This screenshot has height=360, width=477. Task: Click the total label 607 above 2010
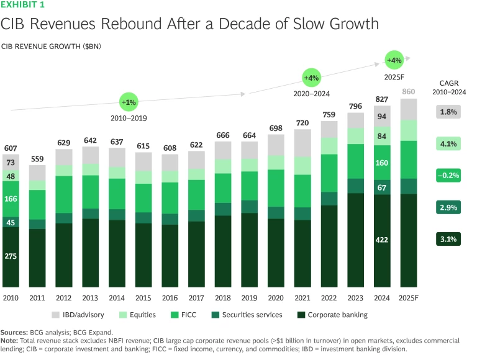11,148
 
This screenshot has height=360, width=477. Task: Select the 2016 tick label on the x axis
170,298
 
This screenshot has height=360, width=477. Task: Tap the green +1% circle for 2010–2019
129,101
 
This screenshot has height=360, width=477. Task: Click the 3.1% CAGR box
448,238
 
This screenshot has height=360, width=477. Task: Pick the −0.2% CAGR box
448,176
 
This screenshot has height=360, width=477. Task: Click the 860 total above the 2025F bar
408,92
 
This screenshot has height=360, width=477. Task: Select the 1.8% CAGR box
448,112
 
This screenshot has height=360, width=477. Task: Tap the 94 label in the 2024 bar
381,116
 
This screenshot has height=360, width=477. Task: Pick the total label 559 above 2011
37,158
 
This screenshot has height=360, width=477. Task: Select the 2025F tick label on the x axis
408,298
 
